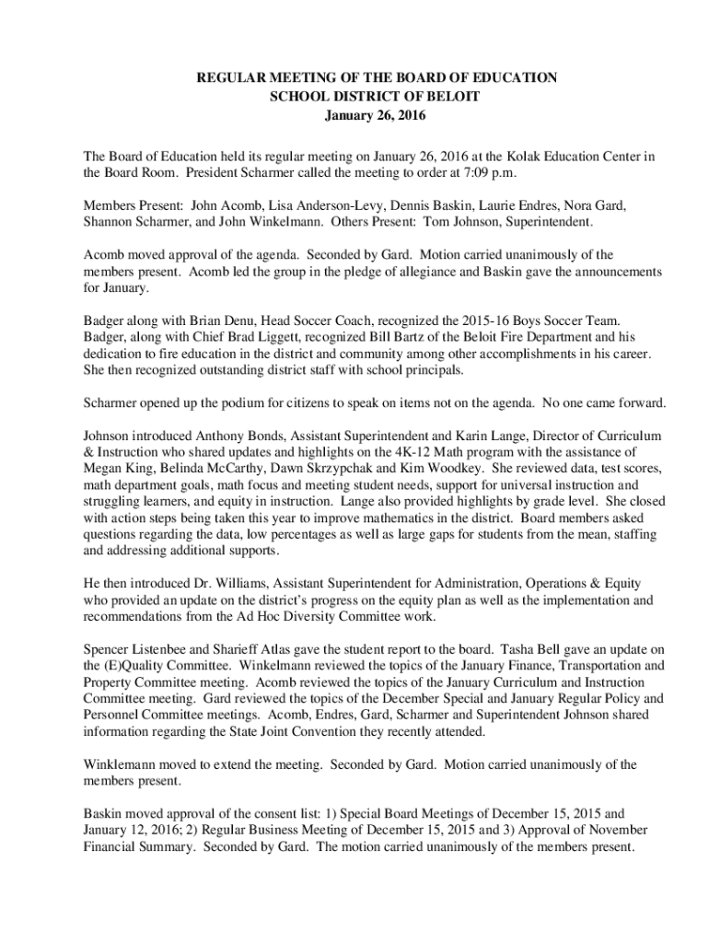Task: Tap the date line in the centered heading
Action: pyautogui.click(x=377, y=117)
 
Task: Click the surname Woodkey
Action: pyautogui.click(x=426, y=469)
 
